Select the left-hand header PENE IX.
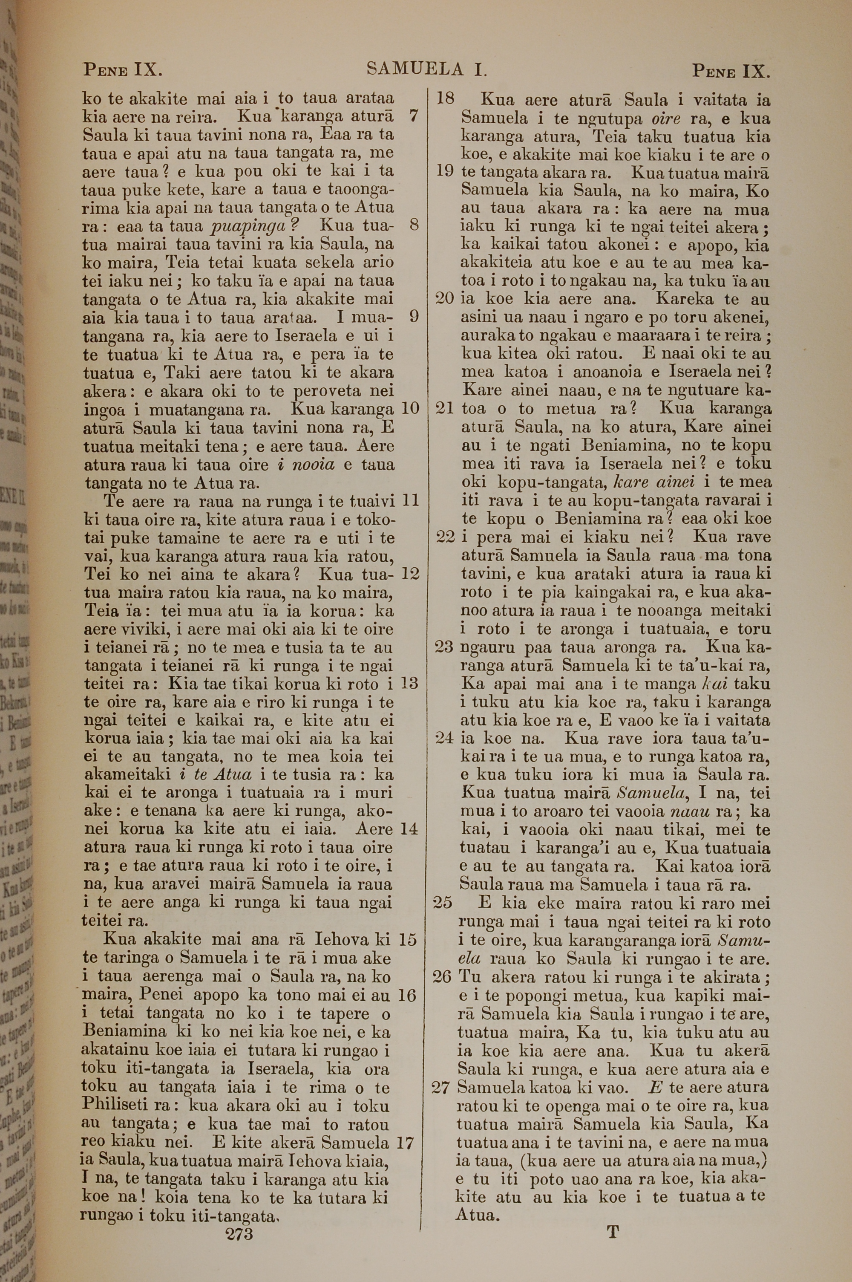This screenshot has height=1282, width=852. pos(123,70)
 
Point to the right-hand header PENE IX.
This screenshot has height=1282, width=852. pos(731,71)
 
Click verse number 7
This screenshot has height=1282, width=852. pos(414,116)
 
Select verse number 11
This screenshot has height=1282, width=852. pos(410,500)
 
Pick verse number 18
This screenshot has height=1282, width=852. pos(446,99)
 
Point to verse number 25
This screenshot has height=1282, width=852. pos(443,903)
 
